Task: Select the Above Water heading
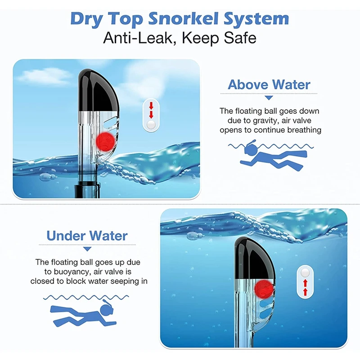pos(269,85)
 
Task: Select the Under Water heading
pos(87,235)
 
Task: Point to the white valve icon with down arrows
pos(151,116)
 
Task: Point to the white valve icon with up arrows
pos(305,282)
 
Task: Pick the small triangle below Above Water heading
pos(269,98)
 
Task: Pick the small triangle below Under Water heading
pos(87,249)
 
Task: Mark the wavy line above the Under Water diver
pos(85,297)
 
